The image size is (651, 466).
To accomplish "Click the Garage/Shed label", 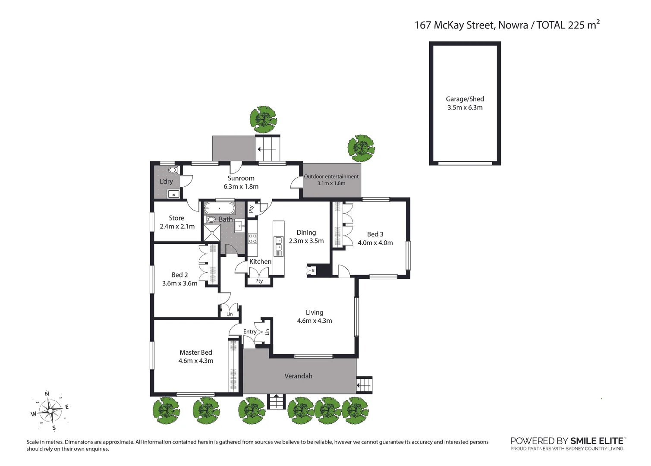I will coord(465,99).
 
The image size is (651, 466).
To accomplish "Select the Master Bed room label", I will coord(196,353).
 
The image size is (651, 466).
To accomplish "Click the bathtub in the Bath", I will coord(219,208).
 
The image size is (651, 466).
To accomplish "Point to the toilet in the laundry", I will coord(173,170).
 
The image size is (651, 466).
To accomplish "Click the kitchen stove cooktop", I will coord(252,239).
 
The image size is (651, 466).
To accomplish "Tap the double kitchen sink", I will coord(279,244).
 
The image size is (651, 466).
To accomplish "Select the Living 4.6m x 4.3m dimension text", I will coord(314,321).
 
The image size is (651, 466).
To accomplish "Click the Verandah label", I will coord(298,376).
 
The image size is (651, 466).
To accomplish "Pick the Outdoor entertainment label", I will coord(331,176).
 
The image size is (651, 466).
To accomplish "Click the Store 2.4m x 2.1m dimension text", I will coord(177,227).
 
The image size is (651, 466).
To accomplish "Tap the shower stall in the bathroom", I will coord(212,233).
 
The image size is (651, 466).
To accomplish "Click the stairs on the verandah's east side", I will coord(364,384).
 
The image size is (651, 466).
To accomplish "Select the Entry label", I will coord(250,331).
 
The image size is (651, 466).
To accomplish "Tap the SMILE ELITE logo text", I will coord(597,441).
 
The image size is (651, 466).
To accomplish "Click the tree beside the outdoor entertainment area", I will coord(361,148).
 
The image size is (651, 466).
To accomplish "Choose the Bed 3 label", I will coord(375,234).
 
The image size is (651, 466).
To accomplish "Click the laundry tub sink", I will coord(173,194).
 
